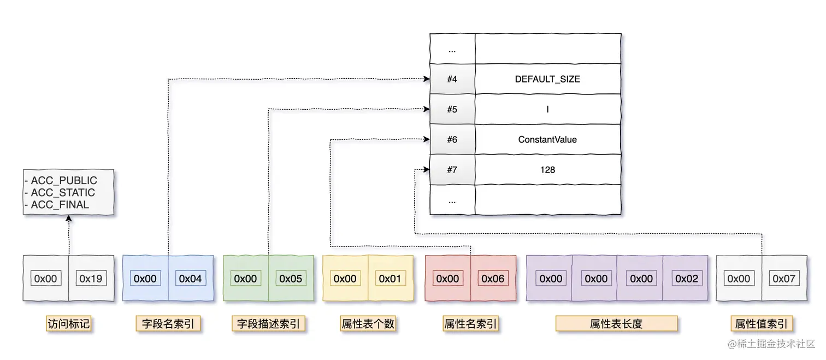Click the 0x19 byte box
[91, 279]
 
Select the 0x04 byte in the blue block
[190, 279]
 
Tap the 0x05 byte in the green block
[291, 279]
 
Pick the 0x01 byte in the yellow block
[390, 279]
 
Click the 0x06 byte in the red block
[493, 279]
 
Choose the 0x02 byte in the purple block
[686, 279]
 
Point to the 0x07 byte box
[784, 279]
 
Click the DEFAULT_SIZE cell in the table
[547, 79]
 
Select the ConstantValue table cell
[547, 140]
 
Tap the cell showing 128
[547, 170]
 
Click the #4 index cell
[452, 79]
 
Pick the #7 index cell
[452, 170]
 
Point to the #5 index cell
[452, 109]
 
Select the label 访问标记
[68, 324]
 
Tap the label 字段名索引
[168, 324]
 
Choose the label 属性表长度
[616, 324]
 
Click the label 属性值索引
[761, 324]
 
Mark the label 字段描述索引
[268, 324]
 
